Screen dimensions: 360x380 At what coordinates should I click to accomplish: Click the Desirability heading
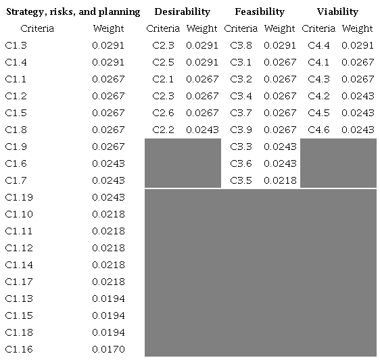point(182,11)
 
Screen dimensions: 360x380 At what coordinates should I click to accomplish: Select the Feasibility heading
point(260,11)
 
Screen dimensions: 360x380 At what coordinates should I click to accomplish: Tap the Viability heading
point(337,11)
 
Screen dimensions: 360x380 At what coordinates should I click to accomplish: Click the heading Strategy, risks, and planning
point(73,11)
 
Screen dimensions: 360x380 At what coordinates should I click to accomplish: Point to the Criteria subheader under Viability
point(318,28)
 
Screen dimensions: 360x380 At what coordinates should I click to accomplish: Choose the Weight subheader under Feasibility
point(280,28)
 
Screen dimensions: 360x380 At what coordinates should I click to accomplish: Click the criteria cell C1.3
point(16,45)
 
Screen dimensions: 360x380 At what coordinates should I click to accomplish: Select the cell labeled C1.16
point(19,349)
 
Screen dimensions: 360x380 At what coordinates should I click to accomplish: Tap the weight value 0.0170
point(108,349)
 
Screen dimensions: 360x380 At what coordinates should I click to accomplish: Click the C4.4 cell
point(319,45)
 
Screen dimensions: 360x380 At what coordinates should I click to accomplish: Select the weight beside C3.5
point(280,180)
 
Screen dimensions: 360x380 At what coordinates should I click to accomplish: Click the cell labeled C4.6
point(319,130)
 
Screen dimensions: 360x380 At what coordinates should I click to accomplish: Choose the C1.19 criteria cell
point(19,197)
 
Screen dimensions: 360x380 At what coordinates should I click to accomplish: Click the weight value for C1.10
point(108,214)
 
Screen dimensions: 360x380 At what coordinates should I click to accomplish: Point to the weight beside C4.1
point(358,62)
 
